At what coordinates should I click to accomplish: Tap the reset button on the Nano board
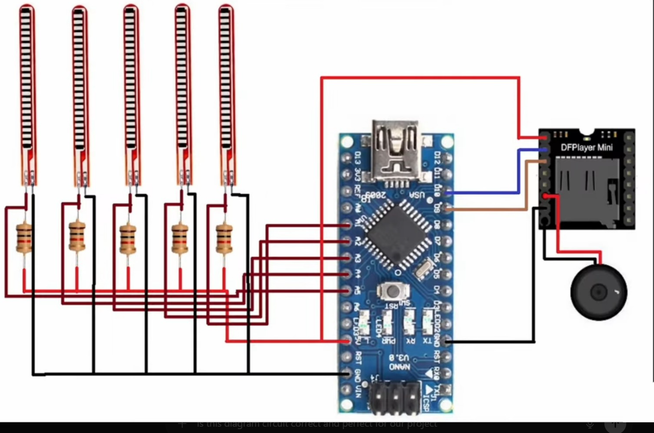click(390, 291)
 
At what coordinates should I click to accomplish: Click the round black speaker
click(598, 292)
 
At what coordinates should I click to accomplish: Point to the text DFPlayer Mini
click(586, 147)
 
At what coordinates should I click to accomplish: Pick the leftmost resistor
click(24, 238)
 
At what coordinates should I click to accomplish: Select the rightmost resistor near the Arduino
click(224, 238)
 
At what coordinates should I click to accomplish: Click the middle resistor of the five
click(128, 238)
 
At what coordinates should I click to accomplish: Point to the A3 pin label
click(358, 258)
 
